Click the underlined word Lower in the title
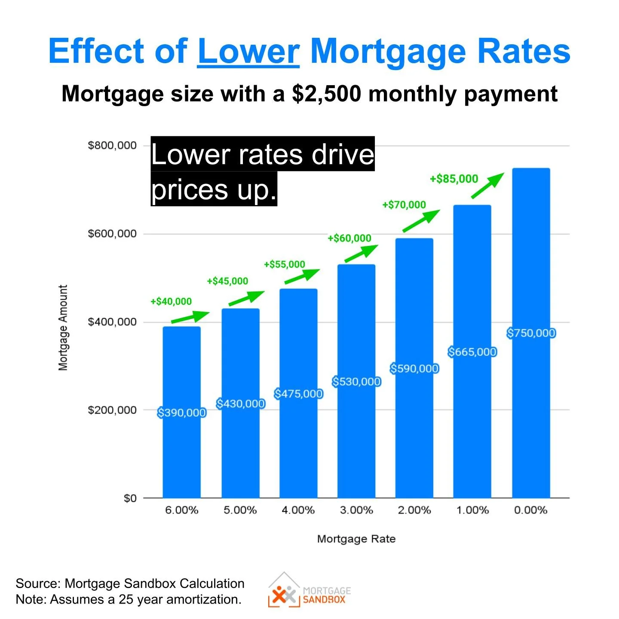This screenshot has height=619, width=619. (248, 51)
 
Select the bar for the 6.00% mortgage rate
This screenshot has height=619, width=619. (181, 451)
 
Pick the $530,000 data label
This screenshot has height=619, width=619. (356, 382)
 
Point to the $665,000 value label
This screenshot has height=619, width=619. (472, 352)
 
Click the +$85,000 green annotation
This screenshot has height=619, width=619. (454, 179)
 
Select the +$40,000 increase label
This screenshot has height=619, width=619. (171, 301)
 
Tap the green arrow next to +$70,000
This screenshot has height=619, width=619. (421, 221)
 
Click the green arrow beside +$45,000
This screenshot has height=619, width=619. (246, 298)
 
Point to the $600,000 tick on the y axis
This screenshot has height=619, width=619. (112, 234)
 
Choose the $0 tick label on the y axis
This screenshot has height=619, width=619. (130, 499)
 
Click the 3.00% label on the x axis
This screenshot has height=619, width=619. (356, 510)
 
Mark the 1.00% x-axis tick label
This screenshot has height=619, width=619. (472, 510)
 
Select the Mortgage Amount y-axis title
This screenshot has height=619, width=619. (63, 328)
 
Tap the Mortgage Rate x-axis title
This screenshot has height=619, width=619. (356, 539)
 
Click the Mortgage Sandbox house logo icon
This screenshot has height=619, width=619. (284, 591)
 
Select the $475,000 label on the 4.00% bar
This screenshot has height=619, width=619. (298, 394)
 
